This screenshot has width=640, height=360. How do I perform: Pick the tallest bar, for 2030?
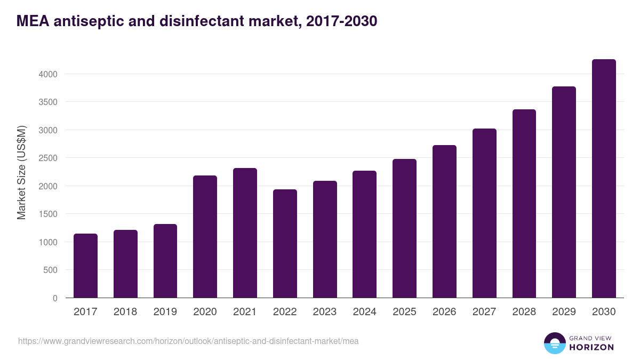pyautogui.click(x=604, y=178)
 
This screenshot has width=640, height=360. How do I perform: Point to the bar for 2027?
pyautogui.click(x=484, y=213)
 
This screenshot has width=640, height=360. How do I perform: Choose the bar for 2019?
pyautogui.click(x=165, y=261)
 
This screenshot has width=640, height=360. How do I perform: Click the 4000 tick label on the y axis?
pyautogui.click(x=48, y=74)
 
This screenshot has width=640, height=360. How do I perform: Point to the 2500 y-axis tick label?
pyautogui.click(x=48, y=158)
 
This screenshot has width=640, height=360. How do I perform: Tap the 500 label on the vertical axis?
pyautogui.click(x=50, y=270)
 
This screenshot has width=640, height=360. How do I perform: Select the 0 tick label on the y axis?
pyautogui.click(x=54, y=298)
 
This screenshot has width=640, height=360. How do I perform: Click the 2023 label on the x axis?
pyautogui.click(x=325, y=312)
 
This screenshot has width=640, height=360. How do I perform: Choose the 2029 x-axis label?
pyautogui.click(x=564, y=312)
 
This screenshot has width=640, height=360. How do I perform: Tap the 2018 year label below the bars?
pyautogui.click(x=125, y=312)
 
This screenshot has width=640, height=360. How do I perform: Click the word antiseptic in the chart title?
pyautogui.click(x=86, y=21)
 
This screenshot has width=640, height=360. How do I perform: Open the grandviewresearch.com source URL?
pyautogui.click(x=188, y=341)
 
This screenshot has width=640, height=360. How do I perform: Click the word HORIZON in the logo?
pyautogui.click(x=591, y=347)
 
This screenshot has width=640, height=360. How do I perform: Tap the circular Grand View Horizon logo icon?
pyautogui.click(x=555, y=343)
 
